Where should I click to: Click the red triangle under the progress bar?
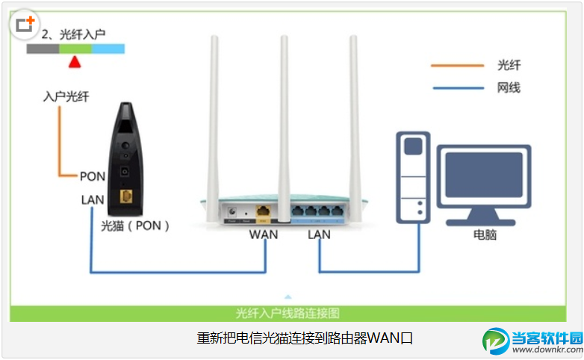pyautogui.click(x=74, y=62)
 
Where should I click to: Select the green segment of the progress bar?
pyautogui.click(x=75, y=49)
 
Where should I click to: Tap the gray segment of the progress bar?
pyautogui.click(x=43, y=49)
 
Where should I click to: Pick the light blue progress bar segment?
pyautogui.click(x=108, y=49)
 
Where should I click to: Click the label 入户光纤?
pyautogui.click(x=66, y=97)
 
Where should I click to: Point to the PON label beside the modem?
pyautogui.click(x=92, y=176)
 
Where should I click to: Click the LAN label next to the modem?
pyautogui.click(x=93, y=200)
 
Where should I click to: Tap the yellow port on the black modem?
pyautogui.click(x=126, y=196)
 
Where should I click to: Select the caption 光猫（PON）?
pyautogui.click(x=134, y=224)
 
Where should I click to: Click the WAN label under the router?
pyautogui.click(x=264, y=235)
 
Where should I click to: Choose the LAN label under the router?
pyautogui.click(x=318, y=235)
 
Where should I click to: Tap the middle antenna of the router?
pyautogui.click(x=283, y=112)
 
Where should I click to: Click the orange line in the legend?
pyautogui.click(x=457, y=66)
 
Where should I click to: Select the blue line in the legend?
pyautogui.click(x=457, y=88)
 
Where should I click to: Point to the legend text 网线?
pyautogui.click(x=509, y=88)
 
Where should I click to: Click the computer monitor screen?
pyautogui.click(x=483, y=179)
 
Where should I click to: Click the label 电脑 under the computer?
pyautogui.click(x=485, y=235)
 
